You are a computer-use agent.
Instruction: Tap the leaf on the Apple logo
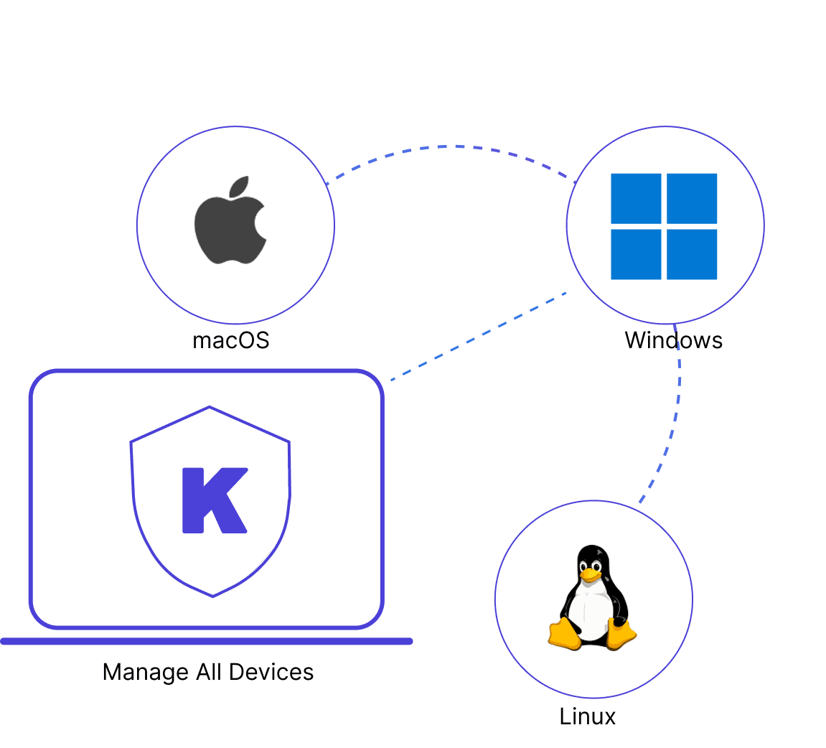tap(240, 186)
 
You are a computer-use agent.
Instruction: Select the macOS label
tap(231, 340)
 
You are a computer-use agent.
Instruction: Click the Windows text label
tap(673, 340)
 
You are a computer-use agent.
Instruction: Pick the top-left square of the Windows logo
tap(636, 199)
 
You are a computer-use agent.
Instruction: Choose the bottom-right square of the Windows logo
tap(692, 254)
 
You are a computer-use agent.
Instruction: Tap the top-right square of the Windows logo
tap(692, 199)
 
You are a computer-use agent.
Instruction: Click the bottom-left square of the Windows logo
tap(636, 254)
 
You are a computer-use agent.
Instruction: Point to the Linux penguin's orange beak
tap(591, 576)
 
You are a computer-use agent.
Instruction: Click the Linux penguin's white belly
tap(591, 611)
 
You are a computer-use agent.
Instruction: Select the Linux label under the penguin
tap(587, 717)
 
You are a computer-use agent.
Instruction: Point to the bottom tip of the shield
tap(213, 597)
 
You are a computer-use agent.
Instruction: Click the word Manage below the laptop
tap(146, 673)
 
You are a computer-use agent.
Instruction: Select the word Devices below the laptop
tap(271, 672)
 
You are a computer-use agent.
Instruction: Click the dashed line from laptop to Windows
tap(479, 336)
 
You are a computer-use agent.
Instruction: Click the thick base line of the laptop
tap(207, 641)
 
